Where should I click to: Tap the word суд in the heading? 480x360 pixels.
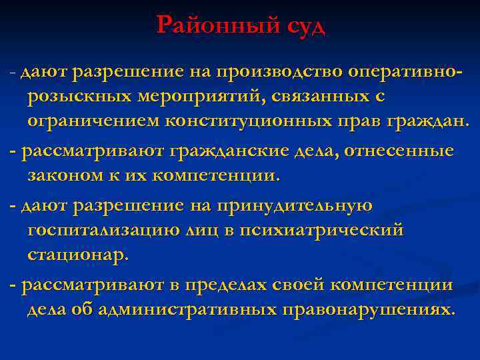click(x=303, y=27)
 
